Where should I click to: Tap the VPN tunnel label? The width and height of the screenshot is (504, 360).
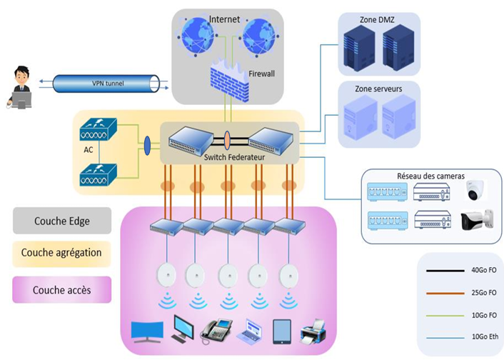[108, 84]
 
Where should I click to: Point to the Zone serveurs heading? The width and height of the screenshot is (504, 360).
[378, 89]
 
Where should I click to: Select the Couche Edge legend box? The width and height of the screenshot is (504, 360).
[62, 221]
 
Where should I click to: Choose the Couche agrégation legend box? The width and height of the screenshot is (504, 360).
[62, 252]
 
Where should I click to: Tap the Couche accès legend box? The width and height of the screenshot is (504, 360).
[62, 290]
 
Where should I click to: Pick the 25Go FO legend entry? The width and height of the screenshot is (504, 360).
[463, 293]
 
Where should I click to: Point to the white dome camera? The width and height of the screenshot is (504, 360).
[475, 190]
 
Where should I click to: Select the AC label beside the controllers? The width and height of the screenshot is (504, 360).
[89, 151]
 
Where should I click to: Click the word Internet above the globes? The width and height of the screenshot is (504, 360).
[226, 18]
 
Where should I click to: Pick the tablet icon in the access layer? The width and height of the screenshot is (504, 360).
[281, 329]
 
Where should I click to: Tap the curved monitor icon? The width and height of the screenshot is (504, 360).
[147, 330]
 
